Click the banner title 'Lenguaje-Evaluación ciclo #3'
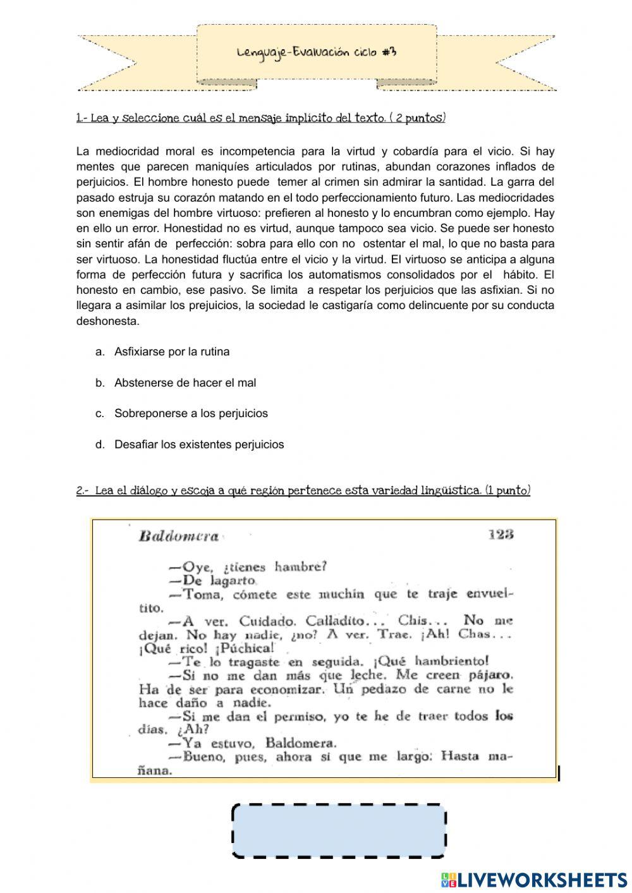(317, 52)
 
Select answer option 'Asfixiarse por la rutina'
(172, 352)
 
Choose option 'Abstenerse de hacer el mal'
(185, 383)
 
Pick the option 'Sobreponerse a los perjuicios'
(191, 414)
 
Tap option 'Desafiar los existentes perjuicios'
(199, 445)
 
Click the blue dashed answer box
(339, 830)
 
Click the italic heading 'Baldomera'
(178, 537)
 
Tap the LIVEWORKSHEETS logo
(534, 880)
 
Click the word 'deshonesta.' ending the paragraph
(107, 321)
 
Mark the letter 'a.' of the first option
(100, 352)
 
